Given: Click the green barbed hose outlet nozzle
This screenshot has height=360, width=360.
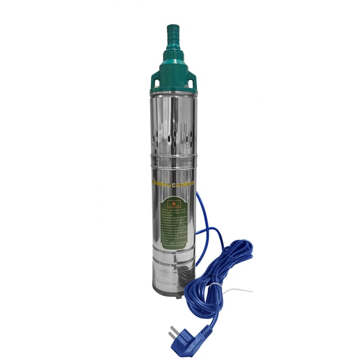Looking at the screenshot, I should click(x=173, y=36).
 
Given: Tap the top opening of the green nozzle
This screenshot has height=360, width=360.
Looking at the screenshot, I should click(x=173, y=25).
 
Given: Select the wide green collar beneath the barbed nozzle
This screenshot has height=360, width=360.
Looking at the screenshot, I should click(x=173, y=56).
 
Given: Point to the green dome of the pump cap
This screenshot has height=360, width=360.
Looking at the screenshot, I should click(x=173, y=72).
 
